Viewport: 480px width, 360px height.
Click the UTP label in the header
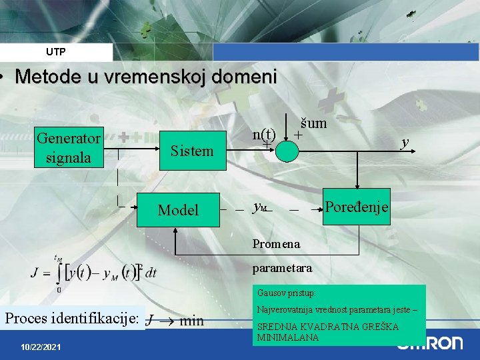pyautogui.click(x=56, y=51)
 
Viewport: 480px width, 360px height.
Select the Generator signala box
pyautogui.click(x=69, y=147)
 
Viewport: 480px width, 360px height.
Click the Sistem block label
pyautogui.click(x=192, y=151)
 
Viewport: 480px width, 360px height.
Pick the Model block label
pyautogui.click(x=178, y=210)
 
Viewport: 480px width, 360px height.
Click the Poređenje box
pyautogui.click(x=357, y=207)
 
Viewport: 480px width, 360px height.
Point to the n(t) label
pyautogui.click(x=265, y=133)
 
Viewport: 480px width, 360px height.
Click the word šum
pyautogui.click(x=313, y=123)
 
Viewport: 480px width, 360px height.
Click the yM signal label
pyautogui.click(x=261, y=207)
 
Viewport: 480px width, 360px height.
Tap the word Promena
pyautogui.click(x=276, y=244)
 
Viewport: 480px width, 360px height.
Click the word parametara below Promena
pyautogui.click(x=282, y=269)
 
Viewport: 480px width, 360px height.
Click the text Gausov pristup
pyautogui.click(x=287, y=293)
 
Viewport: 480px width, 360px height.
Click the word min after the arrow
pyautogui.click(x=192, y=321)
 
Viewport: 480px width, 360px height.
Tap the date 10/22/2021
pyautogui.click(x=41, y=347)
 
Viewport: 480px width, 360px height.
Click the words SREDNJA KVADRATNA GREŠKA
pyautogui.click(x=327, y=327)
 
